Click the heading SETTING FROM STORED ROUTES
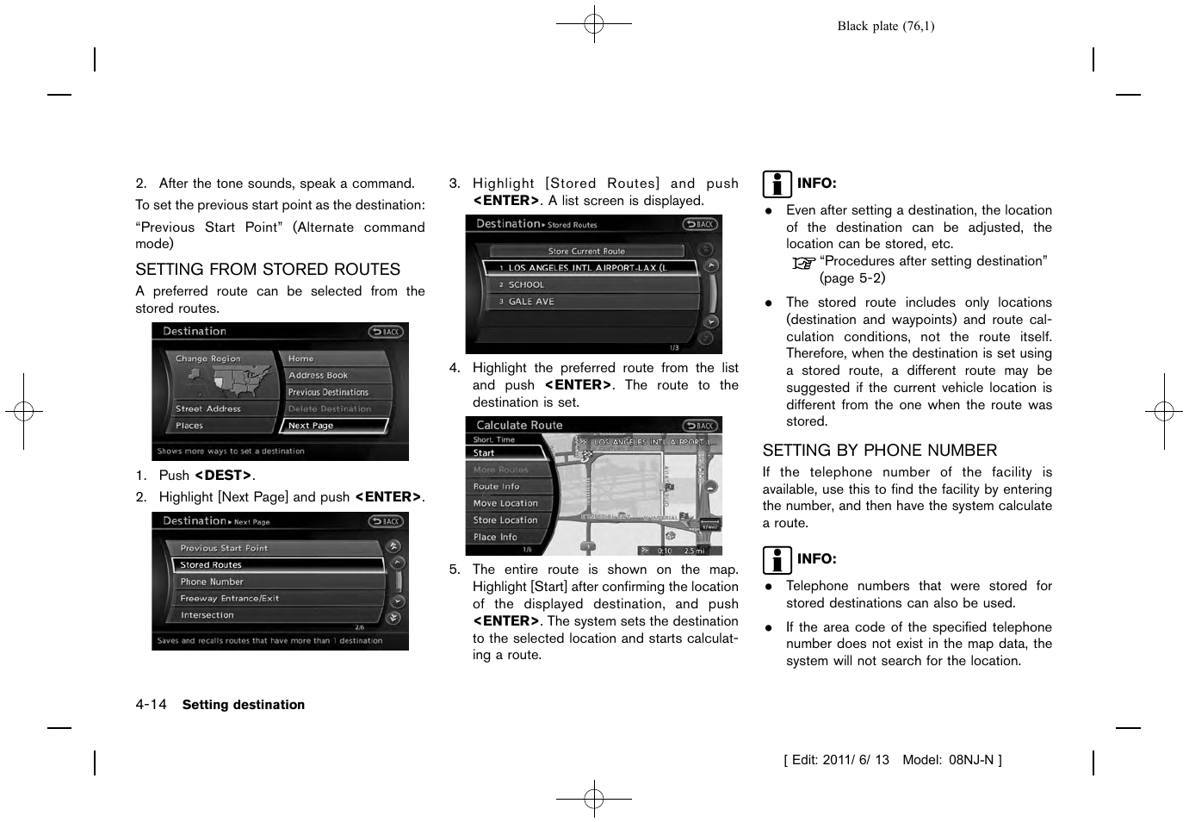coord(268,270)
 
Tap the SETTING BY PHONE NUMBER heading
coord(879,451)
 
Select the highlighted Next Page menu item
coord(334,426)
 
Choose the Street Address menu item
coord(216,409)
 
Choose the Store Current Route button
coord(586,252)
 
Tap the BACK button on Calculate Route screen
coord(700,426)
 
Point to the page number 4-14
coord(151,705)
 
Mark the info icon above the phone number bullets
coord(777,560)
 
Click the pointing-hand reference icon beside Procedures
coord(802,263)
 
